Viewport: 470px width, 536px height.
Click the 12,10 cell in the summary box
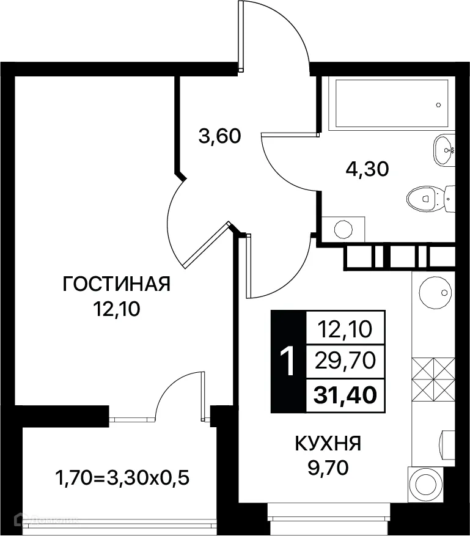coord(345,330)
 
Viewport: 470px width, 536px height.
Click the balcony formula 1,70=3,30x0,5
coord(122,476)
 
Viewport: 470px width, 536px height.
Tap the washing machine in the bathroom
coord(343,230)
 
